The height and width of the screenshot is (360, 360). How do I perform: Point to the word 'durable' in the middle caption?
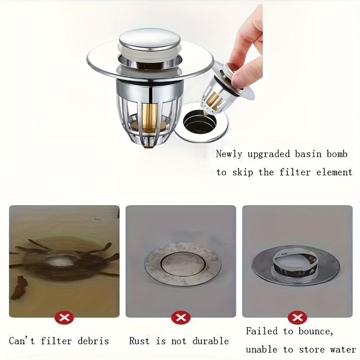pyautogui.click(x=211, y=341)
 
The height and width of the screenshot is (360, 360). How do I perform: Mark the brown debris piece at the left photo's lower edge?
pyautogui.click(x=18, y=287)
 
